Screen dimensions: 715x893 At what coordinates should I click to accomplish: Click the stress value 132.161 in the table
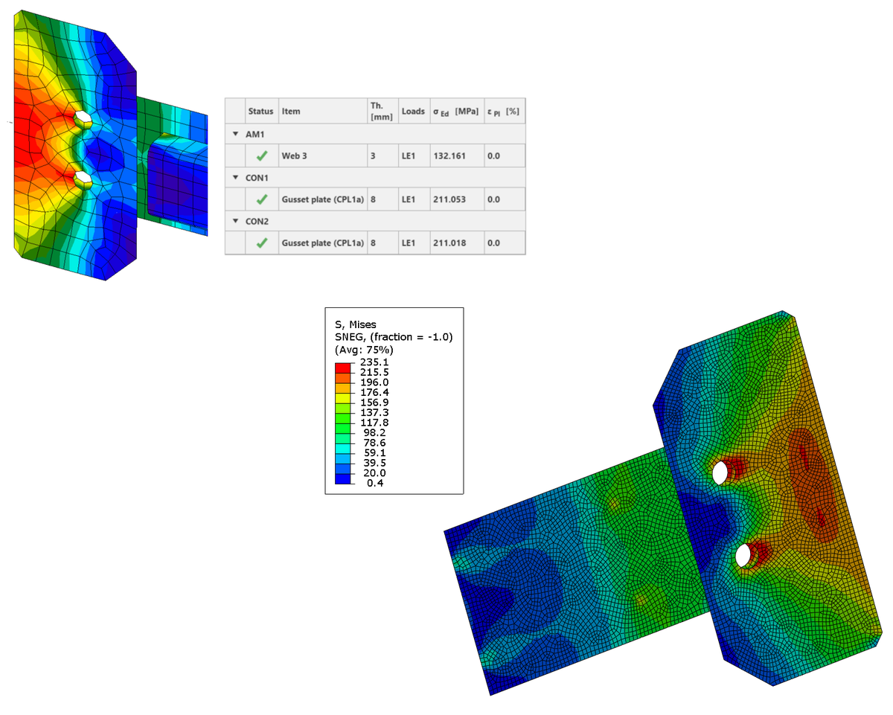click(449, 156)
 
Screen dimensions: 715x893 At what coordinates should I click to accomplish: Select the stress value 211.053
click(449, 199)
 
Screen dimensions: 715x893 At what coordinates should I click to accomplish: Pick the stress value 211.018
click(449, 243)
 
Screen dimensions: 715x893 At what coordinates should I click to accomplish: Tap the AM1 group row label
click(256, 134)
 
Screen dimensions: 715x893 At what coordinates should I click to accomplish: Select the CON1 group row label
click(257, 178)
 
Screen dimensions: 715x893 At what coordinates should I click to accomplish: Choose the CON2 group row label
click(257, 221)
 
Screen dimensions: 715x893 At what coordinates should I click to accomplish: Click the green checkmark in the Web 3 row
click(261, 156)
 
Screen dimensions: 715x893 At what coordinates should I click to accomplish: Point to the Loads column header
click(413, 112)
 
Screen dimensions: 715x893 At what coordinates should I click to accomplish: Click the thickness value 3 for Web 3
click(373, 156)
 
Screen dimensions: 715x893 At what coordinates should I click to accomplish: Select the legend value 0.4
click(376, 482)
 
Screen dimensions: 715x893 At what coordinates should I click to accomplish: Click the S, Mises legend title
click(356, 324)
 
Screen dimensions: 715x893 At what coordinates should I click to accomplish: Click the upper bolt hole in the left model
click(82, 118)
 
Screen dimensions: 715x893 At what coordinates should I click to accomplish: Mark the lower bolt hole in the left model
click(83, 179)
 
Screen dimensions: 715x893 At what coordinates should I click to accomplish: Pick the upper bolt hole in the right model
click(720, 472)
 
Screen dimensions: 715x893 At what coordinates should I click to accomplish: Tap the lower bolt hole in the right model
click(742, 555)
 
